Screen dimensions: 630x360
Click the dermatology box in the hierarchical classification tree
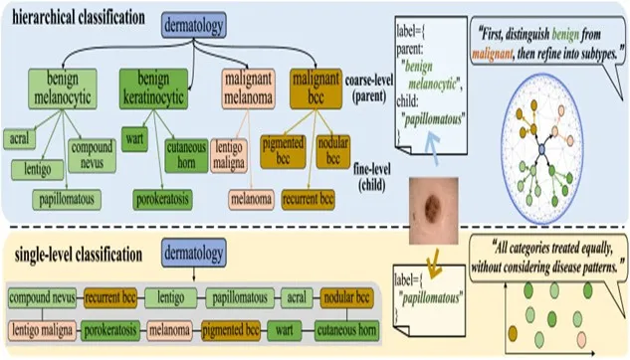click(x=194, y=25)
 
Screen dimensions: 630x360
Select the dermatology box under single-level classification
click(x=194, y=253)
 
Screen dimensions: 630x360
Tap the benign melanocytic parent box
click(x=63, y=89)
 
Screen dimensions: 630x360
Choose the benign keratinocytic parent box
click(x=153, y=89)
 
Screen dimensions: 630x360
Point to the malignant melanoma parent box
click(x=248, y=89)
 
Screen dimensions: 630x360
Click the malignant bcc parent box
click(x=315, y=89)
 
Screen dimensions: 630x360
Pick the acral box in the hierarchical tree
click(x=19, y=139)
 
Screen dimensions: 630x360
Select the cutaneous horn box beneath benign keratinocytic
click(x=186, y=155)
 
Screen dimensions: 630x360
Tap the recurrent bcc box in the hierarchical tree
click(x=308, y=200)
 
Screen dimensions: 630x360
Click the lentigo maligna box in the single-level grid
click(x=42, y=330)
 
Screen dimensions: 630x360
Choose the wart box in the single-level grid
click(x=284, y=330)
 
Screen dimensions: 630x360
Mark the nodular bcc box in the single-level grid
click(x=346, y=297)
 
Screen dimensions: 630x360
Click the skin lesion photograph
click(x=434, y=211)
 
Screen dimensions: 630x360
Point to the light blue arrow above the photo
click(x=433, y=148)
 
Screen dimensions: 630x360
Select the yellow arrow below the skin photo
click(x=433, y=263)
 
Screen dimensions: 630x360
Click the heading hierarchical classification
click(x=79, y=18)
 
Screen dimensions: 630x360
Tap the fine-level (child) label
click(x=372, y=177)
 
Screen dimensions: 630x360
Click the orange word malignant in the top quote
click(x=493, y=54)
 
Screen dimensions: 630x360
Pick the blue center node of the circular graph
click(x=541, y=149)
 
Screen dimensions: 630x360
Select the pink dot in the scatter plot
click(x=581, y=339)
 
